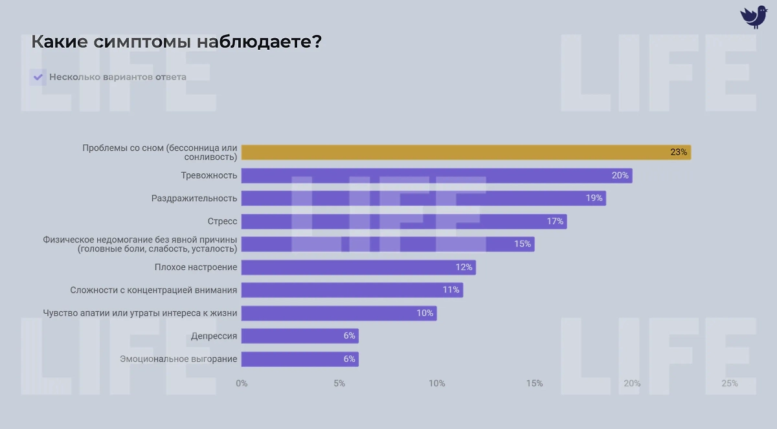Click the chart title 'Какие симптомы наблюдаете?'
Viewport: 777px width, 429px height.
(x=177, y=43)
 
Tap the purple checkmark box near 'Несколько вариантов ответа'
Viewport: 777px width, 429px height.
(x=38, y=77)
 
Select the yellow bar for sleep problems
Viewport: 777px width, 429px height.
(x=466, y=152)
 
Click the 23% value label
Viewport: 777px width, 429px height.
(x=679, y=153)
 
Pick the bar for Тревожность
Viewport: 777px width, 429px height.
(x=436, y=175)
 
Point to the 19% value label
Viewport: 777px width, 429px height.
(x=594, y=198)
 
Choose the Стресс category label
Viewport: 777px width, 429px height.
(x=222, y=221)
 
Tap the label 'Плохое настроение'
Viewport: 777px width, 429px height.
(x=196, y=267)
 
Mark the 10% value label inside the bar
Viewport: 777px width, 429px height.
(x=425, y=313)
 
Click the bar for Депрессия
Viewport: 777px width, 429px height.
(x=299, y=336)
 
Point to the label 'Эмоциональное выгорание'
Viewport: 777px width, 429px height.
(x=179, y=359)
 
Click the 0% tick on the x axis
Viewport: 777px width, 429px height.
(x=242, y=383)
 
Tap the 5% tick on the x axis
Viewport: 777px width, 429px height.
(x=339, y=383)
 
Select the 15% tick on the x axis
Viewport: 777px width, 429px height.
(x=534, y=383)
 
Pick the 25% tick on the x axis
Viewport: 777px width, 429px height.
(x=729, y=383)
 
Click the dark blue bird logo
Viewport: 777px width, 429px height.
(x=753, y=16)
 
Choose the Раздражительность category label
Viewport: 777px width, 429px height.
(x=194, y=198)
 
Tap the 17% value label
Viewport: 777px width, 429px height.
(x=555, y=221)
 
